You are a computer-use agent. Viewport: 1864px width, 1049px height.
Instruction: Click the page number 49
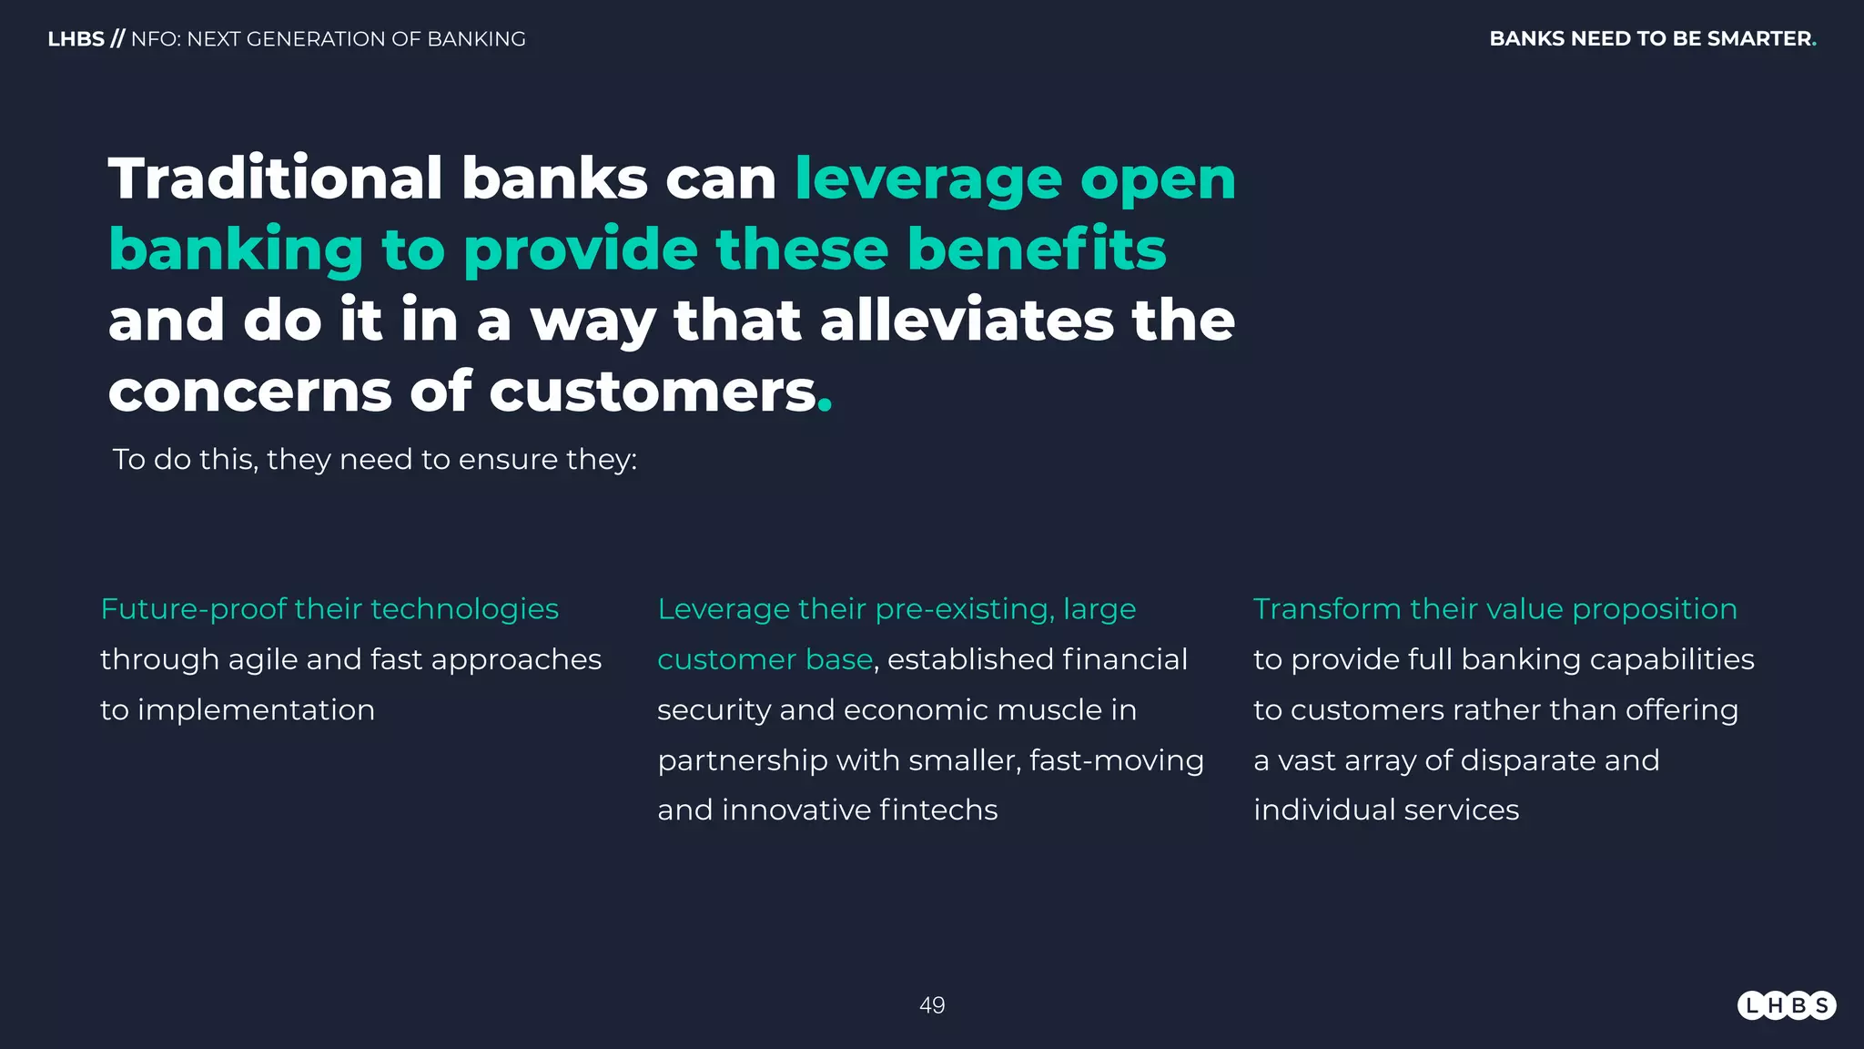(x=932, y=1005)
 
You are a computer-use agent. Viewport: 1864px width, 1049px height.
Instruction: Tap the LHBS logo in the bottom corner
(x=1787, y=1005)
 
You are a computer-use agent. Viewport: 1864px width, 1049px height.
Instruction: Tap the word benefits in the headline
(x=1037, y=250)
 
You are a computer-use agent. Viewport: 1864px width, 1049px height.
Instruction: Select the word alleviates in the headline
(x=967, y=321)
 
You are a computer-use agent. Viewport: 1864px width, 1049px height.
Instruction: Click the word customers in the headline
(x=653, y=392)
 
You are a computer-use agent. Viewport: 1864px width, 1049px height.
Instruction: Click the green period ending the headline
(x=825, y=408)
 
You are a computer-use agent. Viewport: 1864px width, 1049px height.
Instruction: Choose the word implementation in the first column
(x=256, y=710)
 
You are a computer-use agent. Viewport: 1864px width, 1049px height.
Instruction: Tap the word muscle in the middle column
(x=1048, y=710)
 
